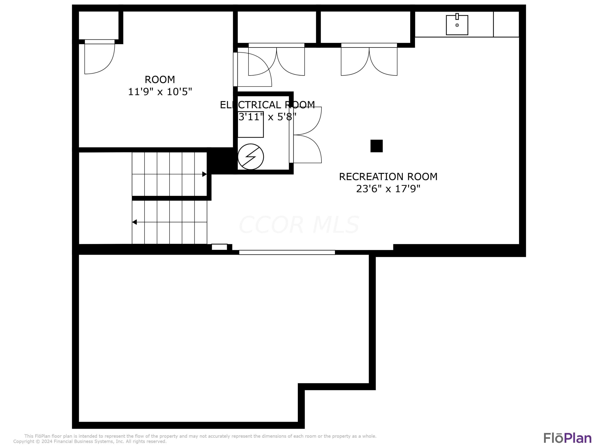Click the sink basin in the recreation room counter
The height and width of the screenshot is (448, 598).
click(457, 25)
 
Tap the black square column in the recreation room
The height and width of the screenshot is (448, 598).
click(376, 146)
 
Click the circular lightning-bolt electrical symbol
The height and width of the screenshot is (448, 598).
click(251, 157)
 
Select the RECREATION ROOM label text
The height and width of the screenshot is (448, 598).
click(388, 177)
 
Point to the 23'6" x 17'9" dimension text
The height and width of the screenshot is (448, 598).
click(388, 189)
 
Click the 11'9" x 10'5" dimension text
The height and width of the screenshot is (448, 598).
click(160, 92)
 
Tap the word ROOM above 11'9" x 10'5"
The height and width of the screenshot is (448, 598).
click(160, 80)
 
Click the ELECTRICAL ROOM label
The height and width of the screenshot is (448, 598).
click(267, 105)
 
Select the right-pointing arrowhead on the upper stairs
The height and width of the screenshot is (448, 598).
click(204, 174)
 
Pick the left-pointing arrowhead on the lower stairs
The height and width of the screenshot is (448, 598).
click(134, 222)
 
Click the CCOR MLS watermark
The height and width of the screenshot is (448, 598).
click(299, 225)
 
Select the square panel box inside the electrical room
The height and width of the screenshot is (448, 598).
click(250, 124)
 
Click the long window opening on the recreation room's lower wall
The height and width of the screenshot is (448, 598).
click(287, 252)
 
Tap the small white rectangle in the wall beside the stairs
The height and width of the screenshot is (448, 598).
click(219, 247)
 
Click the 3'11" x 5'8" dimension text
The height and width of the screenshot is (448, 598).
click(267, 117)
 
